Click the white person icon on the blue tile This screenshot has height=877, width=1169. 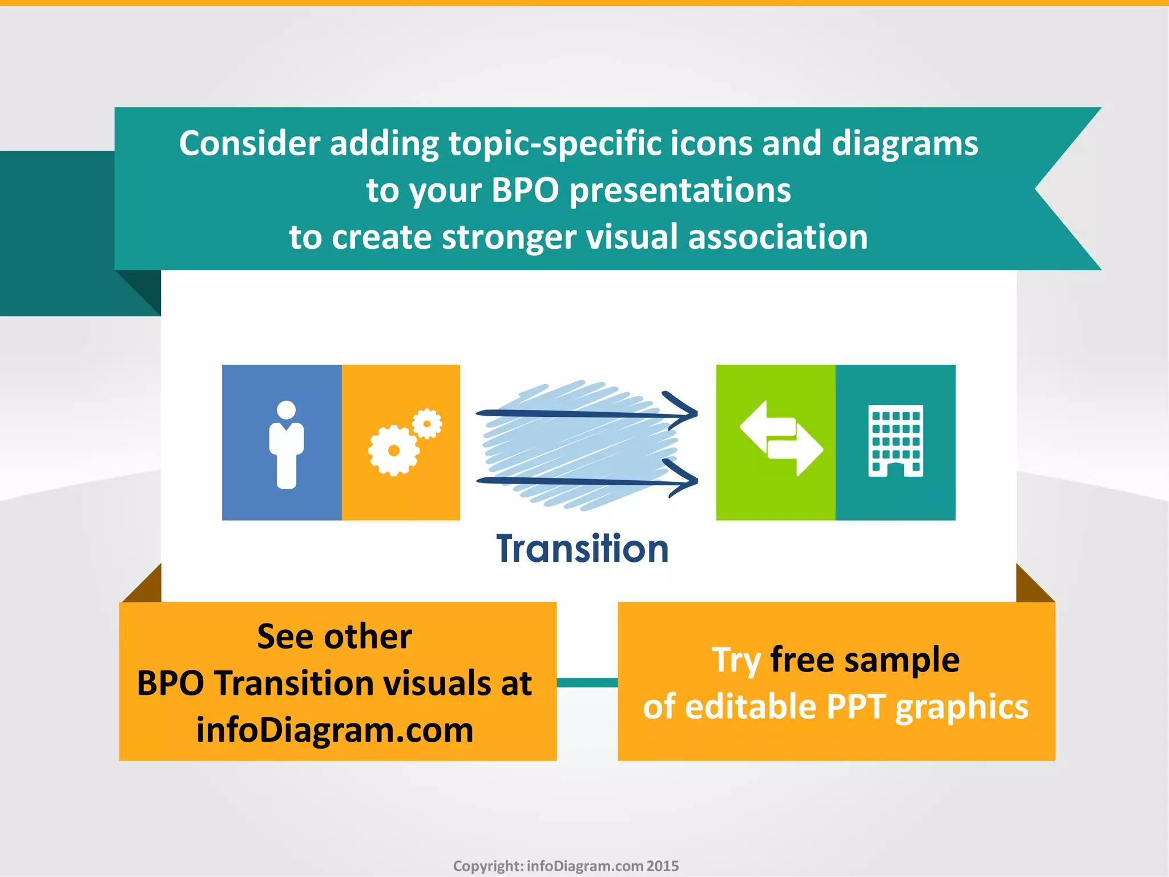coord(286,445)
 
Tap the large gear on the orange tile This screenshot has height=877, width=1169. coord(393,450)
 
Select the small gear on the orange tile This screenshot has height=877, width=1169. coord(427,424)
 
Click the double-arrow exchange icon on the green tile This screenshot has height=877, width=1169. coord(781,438)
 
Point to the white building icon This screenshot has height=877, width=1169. coord(895,440)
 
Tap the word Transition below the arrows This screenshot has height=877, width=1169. coord(582,549)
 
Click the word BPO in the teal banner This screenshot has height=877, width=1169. coord(525,190)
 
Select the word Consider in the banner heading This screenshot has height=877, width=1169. coord(249,143)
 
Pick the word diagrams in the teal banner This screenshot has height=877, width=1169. coord(904,143)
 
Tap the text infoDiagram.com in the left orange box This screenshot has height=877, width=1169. coord(334,730)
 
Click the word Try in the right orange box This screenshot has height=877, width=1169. coord(736,661)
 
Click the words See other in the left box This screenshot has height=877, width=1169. coord(334,636)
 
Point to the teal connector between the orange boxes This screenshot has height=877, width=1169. coord(587,682)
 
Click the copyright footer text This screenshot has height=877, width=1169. coord(566,866)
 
